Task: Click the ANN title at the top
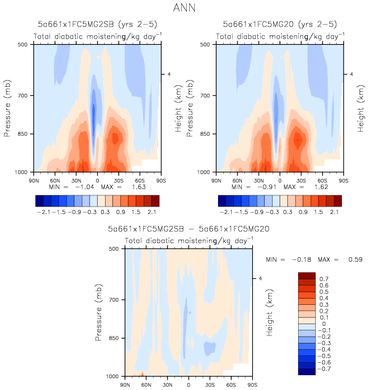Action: click(x=183, y=8)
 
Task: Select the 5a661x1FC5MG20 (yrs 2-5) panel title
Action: click(x=279, y=24)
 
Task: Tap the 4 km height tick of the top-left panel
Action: click(x=168, y=74)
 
